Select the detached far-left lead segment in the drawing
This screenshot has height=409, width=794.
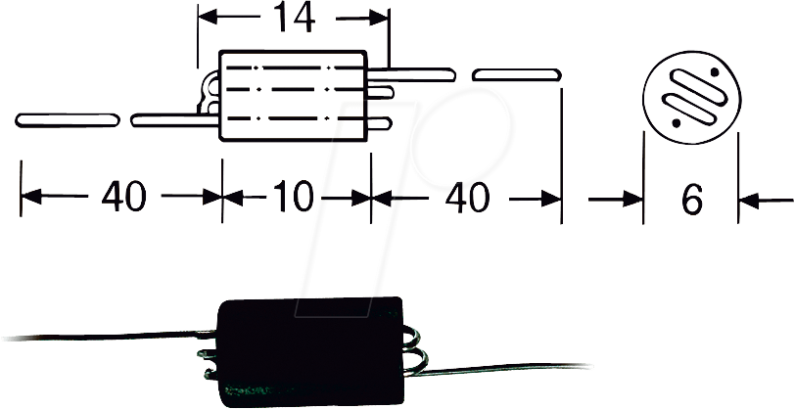pos(67,119)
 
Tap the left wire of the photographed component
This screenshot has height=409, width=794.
pos(98,330)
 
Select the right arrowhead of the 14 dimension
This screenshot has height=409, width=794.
pos(380,17)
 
